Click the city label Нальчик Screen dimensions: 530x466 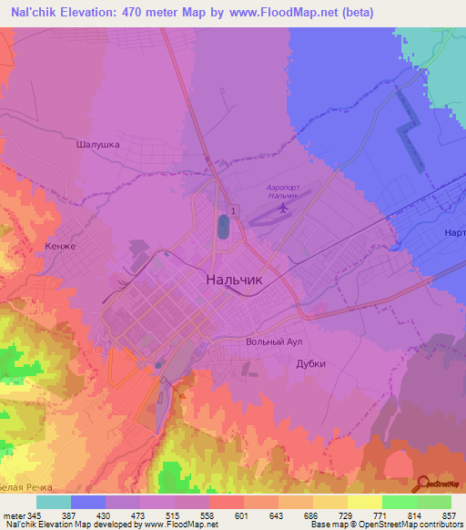pyautogui.click(x=235, y=280)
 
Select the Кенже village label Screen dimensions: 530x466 pyautogui.click(x=58, y=246)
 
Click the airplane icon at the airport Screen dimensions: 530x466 pyautogui.click(x=282, y=208)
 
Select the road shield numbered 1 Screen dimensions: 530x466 pyautogui.click(x=235, y=210)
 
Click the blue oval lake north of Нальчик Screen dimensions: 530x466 pyautogui.click(x=223, y=227)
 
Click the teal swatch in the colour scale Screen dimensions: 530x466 pyautogui.click(x=54, y=502)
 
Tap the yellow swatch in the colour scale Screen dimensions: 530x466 pyautogui.click(x=365, y=502)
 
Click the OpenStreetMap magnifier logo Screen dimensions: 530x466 pyautogui.click(x=422, y=483)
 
